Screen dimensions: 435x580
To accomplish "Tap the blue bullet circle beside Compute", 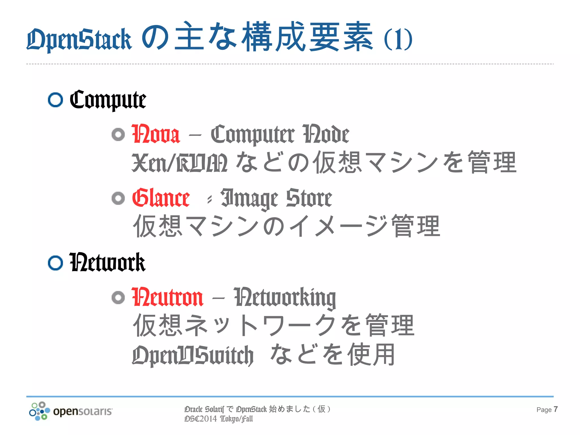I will pos(55,100).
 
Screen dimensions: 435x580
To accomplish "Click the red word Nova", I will pos(156,134).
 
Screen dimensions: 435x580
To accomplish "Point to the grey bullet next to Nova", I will pos(118,135).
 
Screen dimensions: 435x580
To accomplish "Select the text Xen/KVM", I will pos(180,163).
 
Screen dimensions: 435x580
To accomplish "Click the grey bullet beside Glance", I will pos(118,198).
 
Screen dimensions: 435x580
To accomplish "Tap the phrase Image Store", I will pos(276,198).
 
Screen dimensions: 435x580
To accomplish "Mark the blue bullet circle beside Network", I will pos(55,263).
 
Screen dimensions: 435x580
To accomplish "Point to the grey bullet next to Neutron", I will pos(118,297).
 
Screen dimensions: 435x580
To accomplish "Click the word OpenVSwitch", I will pos(193,355).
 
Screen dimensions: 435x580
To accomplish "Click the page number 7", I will pos(556,409).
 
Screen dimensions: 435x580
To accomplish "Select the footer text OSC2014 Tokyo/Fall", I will pos(218,419).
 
